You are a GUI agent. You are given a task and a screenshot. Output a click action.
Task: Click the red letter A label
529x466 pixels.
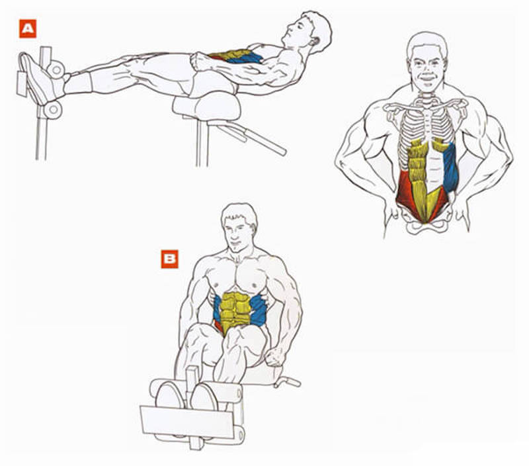pyautogui.click(x=28, y=28)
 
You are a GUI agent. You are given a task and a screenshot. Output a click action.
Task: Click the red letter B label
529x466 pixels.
pyautogui.click(x=169, y=259)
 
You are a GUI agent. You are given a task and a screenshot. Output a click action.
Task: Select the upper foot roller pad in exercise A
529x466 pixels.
pyautogui.click(x=56, y=70)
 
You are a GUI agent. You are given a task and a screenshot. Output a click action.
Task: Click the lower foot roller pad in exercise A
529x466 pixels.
pyautogui.click(x=53, y=109)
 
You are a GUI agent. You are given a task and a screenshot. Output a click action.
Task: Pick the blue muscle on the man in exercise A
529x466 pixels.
pyautogui.click(x=245, y=58)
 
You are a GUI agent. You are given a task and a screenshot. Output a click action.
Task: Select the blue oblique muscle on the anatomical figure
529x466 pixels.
pyautogui.click(x=450, y=167)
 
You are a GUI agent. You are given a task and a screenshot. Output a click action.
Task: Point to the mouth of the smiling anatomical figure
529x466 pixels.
pyautogui.click(x=427, y=77)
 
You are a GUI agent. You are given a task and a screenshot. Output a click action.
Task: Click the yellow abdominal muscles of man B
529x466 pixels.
pyautogui.click(x=236, y=311)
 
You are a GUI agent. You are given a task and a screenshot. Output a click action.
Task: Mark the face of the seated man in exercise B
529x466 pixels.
pyautogui.click(x=237, y=232)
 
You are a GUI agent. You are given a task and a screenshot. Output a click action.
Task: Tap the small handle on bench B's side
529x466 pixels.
pyautogui.click(x=288, y=381)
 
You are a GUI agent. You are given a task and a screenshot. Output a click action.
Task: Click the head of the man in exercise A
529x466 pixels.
pyautogui.click(x=307, y=31)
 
